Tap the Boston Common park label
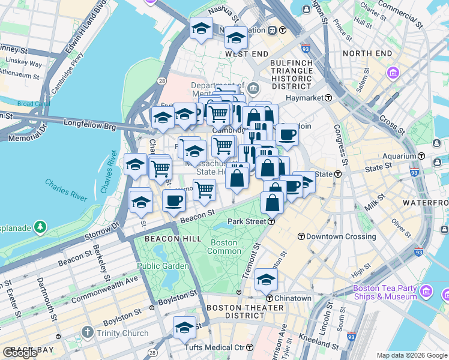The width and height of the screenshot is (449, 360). click(223, 247)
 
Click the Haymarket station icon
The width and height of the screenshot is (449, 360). click(329, 98)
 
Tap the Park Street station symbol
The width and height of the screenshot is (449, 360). click(271, 221)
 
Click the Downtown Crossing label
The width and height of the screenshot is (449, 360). click(341, 236)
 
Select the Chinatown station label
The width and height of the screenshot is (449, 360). click(294, 298)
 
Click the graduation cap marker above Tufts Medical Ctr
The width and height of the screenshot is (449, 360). click(184, 327)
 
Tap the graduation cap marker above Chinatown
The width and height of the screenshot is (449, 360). click(267, 279)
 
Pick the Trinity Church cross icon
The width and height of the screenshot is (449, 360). click(87, 332)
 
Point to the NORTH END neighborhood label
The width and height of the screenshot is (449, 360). click(367, 54)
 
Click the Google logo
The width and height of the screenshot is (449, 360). click(20, 353)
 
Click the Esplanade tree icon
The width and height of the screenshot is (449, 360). click(40, 227)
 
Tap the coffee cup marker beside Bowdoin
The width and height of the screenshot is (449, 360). click(288, 134)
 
